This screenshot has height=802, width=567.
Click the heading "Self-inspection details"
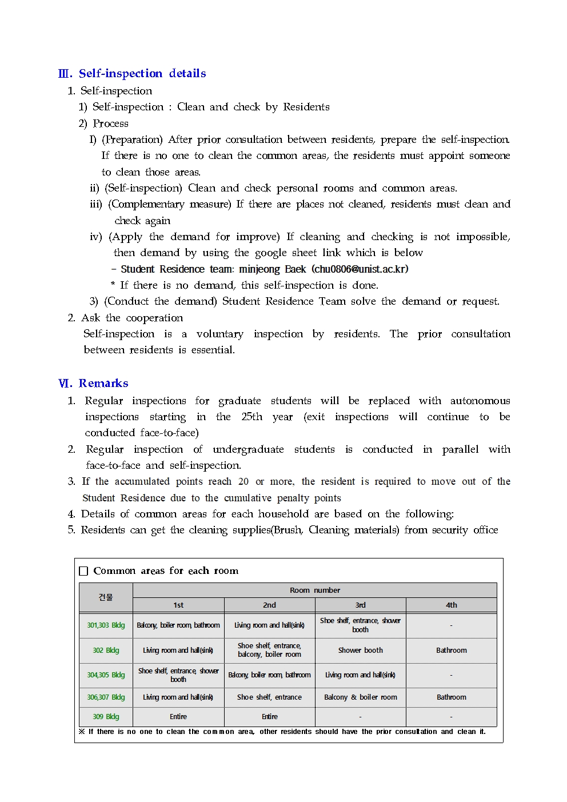[x=142, y=73]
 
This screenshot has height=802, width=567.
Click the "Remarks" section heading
[x=103, y=383]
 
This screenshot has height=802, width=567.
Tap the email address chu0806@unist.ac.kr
[x=361, y=269]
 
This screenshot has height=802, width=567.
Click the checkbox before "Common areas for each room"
[x=83, y=571]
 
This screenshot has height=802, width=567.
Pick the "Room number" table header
[x=314, y=590]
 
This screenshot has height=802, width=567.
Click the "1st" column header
[x=178, y=605]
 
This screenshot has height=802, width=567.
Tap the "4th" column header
[x=451, y=605]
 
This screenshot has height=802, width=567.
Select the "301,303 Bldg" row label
[x=106, y=625]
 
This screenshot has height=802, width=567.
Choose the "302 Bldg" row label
[x=106, y=651]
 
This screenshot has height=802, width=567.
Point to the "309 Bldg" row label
[x=106, y=717]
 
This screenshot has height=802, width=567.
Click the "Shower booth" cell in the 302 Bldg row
[x=360, y=651]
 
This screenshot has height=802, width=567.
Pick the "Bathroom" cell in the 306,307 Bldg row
[x=451, y=697]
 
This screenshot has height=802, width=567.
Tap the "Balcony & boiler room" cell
[x=360, y=697]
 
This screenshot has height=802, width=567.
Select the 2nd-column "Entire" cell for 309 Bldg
[x=269, y=717]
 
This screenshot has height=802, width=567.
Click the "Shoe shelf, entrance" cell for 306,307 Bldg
[x=269, y=697]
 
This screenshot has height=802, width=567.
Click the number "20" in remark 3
[x=243, y=481]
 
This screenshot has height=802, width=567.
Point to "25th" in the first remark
[x=251, y=417]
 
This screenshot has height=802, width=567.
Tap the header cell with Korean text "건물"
[x=106, y=597]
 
